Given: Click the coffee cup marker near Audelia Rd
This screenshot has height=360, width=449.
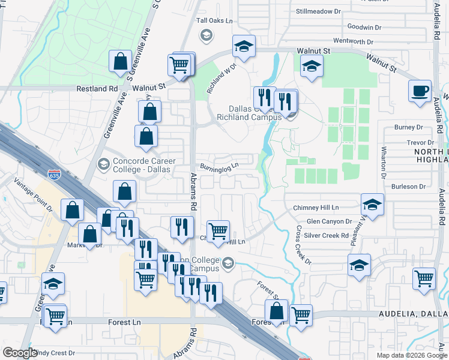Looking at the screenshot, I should tap(420, 91).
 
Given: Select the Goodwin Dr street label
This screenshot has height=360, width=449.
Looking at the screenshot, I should tap(364, 27).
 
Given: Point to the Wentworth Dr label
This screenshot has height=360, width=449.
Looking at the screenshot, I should tap(353, 41).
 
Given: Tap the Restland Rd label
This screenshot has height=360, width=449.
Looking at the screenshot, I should tap(97, 88).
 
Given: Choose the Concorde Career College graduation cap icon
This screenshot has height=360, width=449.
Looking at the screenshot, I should tap(103, 163).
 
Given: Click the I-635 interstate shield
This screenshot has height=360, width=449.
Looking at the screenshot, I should tap(55, 175).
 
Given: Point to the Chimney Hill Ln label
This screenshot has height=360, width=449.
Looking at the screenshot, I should tap(316, 208).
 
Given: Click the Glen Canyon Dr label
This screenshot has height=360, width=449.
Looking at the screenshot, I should tap(329, 221).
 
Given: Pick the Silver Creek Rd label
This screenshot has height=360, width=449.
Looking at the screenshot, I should tap(327, 235).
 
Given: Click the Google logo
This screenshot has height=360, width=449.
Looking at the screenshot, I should tap(19, 353).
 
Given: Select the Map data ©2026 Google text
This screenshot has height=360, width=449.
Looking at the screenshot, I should tap(411, 355).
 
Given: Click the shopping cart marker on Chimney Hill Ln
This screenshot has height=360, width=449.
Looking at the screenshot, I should tap(218, 230).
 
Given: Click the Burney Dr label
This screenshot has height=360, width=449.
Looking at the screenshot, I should tap(409, 127).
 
